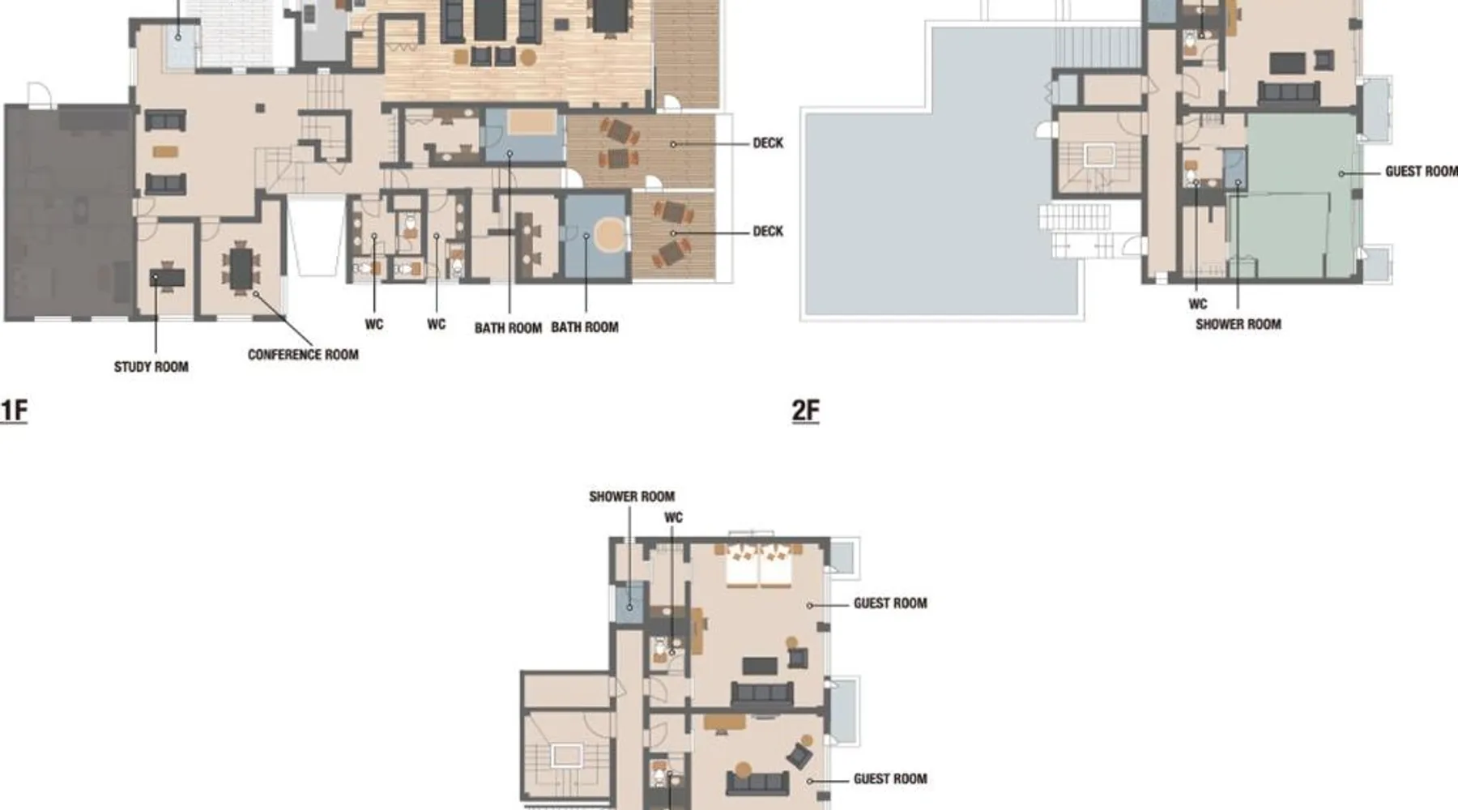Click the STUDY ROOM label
click(151, 367)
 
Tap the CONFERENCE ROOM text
click(303, 355)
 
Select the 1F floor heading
click(14, 411)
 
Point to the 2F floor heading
click(806, 411)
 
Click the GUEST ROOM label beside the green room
click(1421, 172)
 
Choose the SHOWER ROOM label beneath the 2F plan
click(1238, 325)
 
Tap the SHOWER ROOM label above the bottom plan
click(632, 497)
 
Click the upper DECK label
click(768, 143)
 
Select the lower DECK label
click(768, 232)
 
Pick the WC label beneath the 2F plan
click(1198, 305)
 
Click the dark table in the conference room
click(241, 268)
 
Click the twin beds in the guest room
click(758, 565)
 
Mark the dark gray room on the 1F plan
click(68, 212)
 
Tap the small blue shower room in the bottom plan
click(629, 603)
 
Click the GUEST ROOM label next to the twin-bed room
click(890, 603)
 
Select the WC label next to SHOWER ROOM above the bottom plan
click(673, 518)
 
